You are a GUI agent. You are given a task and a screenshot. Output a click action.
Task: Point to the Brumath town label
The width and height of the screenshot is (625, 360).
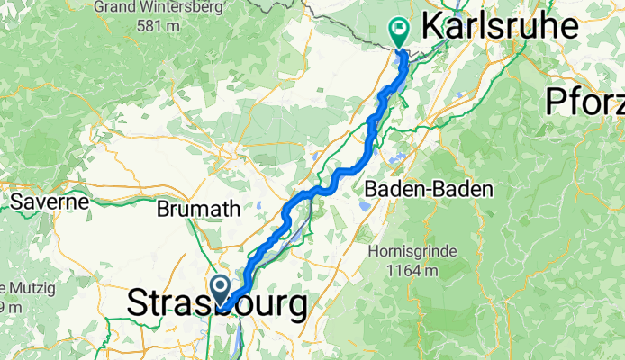(198, 209)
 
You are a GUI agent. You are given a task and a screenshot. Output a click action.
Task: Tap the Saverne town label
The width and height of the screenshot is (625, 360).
(49, 202)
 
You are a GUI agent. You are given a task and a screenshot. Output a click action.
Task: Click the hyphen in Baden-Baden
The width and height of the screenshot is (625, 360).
(428, 190)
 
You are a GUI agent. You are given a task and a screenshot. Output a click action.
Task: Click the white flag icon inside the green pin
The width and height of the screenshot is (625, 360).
(398, 30)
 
